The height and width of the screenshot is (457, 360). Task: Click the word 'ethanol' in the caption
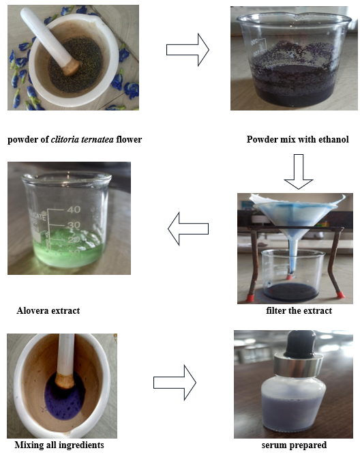pos(333,139)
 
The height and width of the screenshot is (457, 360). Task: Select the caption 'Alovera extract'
pos(48,310)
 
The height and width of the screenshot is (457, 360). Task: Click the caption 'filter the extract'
pos(299,310)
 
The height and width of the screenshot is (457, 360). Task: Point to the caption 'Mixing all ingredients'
pos(59,445)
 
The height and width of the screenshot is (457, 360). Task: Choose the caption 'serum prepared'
pos(294,445)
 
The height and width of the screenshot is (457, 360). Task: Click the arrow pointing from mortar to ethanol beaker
pos(187,50)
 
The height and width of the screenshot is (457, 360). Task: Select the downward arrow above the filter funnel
pos(299,172)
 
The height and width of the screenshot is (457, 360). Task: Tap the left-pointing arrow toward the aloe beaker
pos(188,228)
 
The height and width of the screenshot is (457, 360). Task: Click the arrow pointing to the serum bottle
pos(175,383)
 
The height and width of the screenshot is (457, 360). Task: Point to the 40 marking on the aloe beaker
pos(74,209)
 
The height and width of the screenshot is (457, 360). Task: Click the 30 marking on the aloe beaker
pos(74,225)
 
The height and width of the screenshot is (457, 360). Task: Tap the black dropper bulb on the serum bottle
pos(300,344)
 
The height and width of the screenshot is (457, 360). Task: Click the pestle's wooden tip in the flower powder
pos(71,66)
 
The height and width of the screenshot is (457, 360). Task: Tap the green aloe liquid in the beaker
pos(69,250)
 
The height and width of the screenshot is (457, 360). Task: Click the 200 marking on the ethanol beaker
pos(255,42)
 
